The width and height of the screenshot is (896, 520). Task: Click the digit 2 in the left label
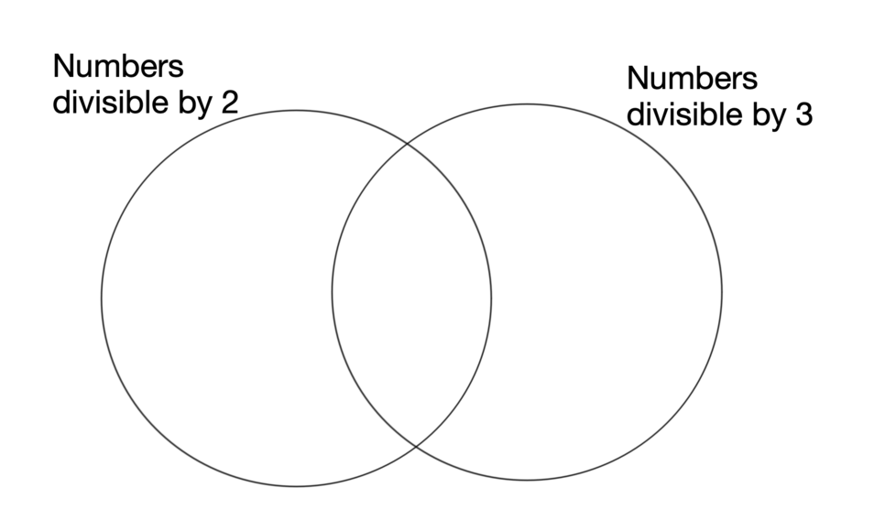229,102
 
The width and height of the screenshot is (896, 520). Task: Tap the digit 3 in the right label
803,116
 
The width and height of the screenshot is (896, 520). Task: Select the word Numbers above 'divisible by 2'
118,67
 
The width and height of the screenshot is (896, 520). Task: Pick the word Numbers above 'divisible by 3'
692,79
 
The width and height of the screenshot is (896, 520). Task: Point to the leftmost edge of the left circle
101,298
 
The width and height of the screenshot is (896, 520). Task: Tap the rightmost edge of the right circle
722,292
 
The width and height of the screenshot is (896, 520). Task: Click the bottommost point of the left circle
296,486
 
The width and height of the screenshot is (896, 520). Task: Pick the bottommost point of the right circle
527,480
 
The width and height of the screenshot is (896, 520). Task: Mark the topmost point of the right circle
527,103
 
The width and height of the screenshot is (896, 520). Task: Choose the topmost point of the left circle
296,110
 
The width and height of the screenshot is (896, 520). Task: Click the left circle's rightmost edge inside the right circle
491,298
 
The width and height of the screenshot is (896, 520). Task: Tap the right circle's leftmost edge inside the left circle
332,292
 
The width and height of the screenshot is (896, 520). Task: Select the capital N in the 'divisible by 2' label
62,67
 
